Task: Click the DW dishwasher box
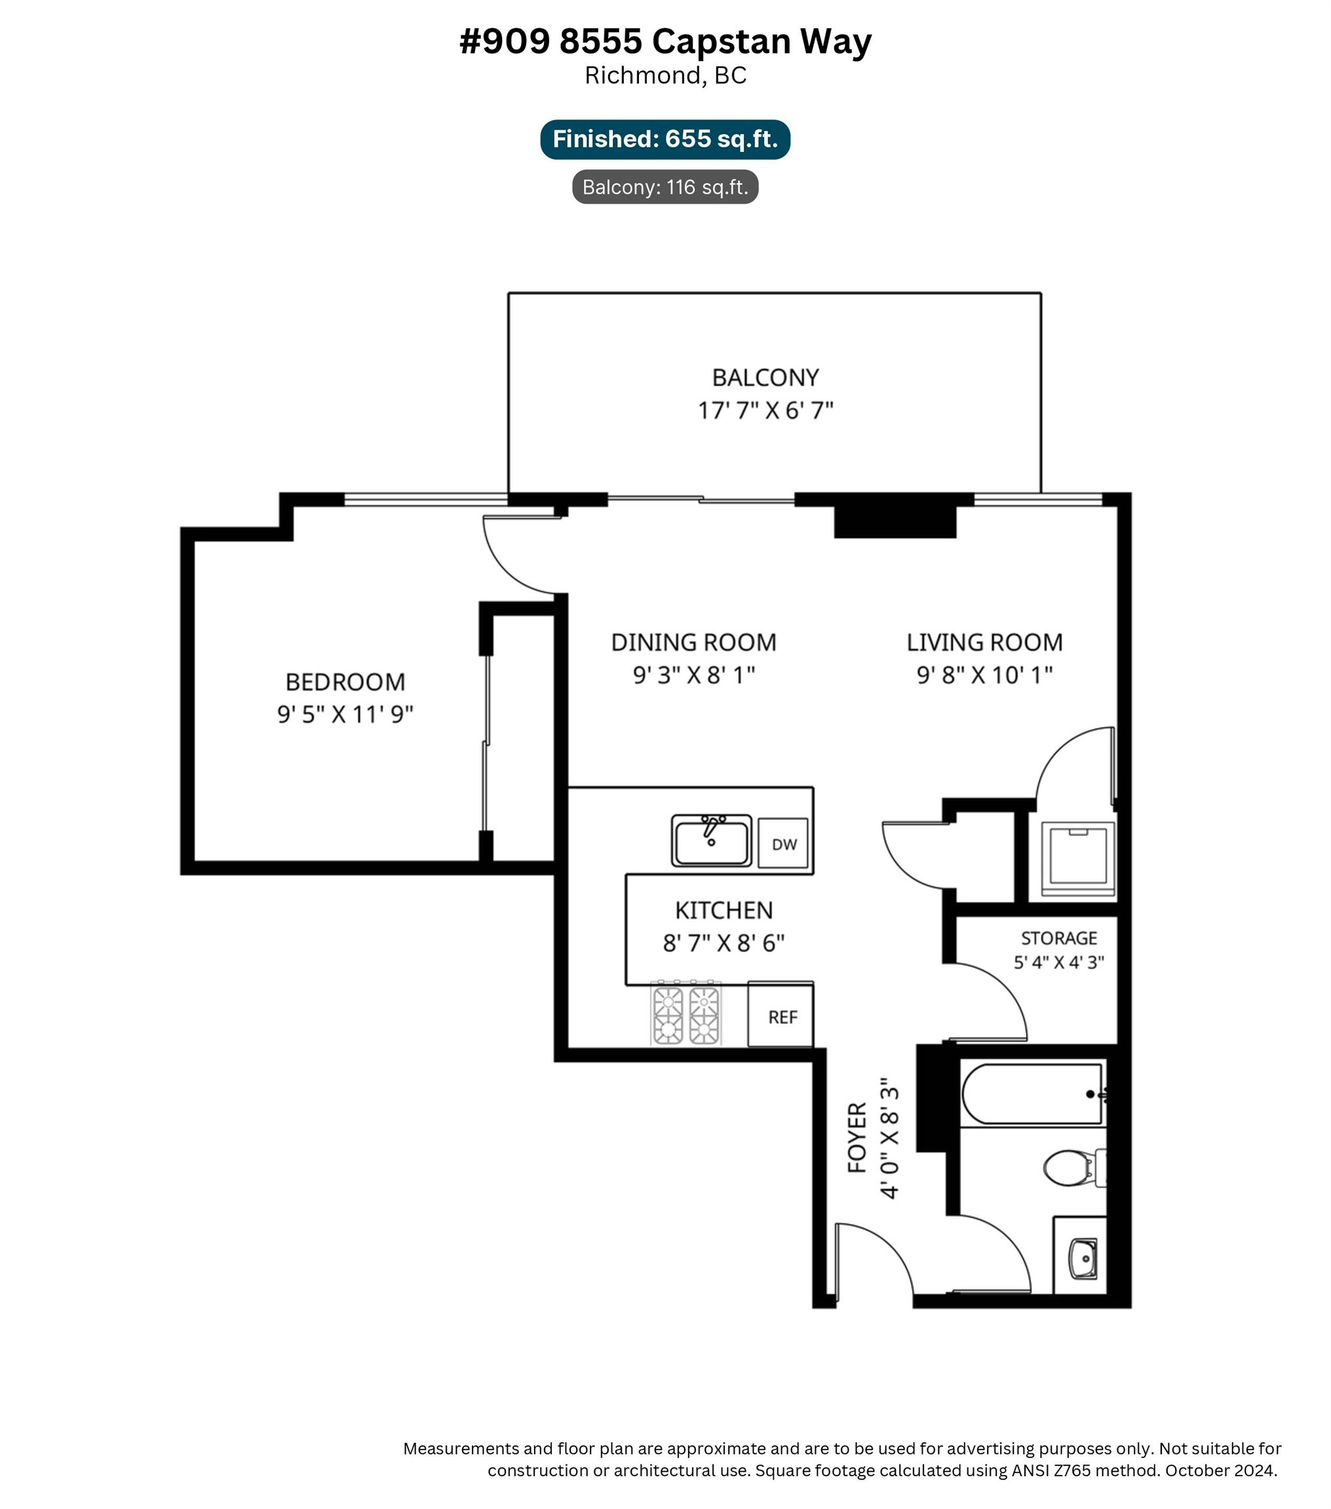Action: pyautogui.click(x=783, y=843)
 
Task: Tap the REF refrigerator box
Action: pyautogui.click(x=782, y=1016)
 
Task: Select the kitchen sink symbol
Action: pyautogui.click(x=711, y=840)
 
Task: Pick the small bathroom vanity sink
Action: pyautogui.click(x=1083, y=1259)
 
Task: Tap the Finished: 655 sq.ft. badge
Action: pyautogui.click(x=665, y=139)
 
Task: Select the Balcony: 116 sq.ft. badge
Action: pyautogui.click(x=665, y=187)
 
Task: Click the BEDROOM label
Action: pyautogui.click(x=345, y=681)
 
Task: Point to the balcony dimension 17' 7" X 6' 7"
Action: pyautogui.click(x=765, y=411)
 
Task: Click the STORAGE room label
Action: pyautogui.click(x=1058, y=939)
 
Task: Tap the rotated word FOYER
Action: pyautogui.click(x=857, y=1137)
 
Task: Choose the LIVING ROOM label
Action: pyautogui.click(x=984, y=643)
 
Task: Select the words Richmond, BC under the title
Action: pyautogui.click(x=665, y=75)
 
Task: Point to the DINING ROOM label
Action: pyautogui.click(x=693, y=643)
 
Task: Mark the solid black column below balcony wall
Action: pyautogui.click(x=895, y=521)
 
